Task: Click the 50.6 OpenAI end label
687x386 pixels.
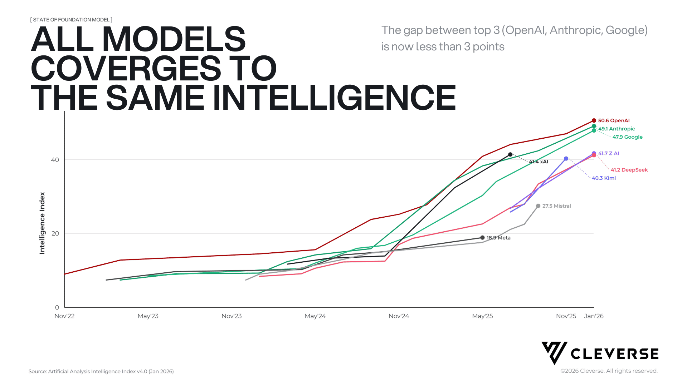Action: tap(614, 120)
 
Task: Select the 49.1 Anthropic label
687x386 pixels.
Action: tap(617, 129)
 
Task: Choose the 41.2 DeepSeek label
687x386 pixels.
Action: tap(629, 170)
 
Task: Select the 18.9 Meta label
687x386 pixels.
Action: tap(498, 238)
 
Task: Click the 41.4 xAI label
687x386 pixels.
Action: tap(539, 162)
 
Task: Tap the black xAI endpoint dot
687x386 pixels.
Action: tap(510, 155)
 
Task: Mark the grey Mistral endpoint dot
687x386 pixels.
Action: tap(538, 206)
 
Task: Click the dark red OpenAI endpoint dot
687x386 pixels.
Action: tap(594, 120)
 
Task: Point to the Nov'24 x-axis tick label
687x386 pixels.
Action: tap(399, 316)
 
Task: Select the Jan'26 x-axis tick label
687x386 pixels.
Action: tap(594, 316)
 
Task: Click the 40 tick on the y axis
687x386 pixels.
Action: tap(55, 160)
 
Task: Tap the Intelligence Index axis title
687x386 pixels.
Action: tap(42, 223)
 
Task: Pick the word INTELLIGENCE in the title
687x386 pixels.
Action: tap(334, 98)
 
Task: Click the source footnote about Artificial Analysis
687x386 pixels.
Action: tap(101, 371)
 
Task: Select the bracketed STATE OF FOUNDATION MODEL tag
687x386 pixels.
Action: tap(71, 20)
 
